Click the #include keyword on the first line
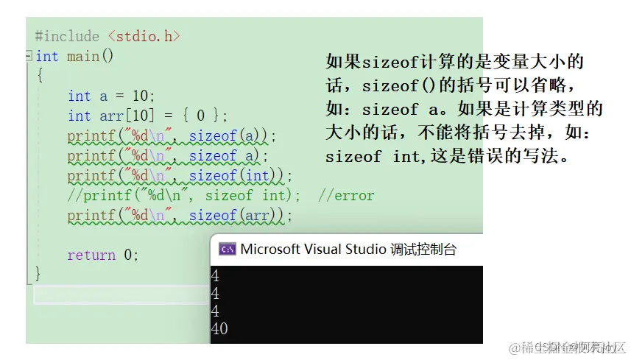[66, 36]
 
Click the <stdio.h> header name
[144, 36]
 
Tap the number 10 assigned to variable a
[143, 96]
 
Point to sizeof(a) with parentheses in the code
[231, 135]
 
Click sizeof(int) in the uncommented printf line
[239, 176]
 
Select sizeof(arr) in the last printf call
[239, 216]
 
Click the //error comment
[346, 196]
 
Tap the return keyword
[91, 255]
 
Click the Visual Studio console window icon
[228, 250]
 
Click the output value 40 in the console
[219, 329]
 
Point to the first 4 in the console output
[215, 276]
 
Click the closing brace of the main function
[38, 273]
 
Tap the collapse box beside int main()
[29, 56]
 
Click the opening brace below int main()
[39, 75]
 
